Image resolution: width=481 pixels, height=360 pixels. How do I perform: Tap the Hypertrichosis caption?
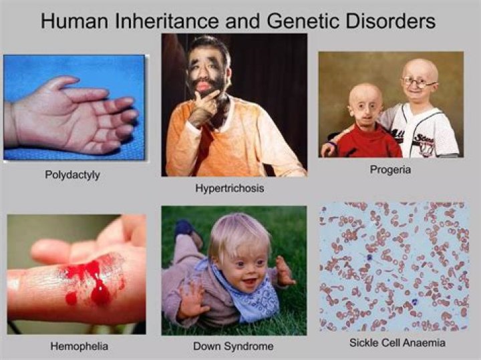click(229, 188)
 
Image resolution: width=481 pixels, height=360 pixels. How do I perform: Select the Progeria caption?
click(390, 170)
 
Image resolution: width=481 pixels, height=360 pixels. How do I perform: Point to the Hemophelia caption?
click(79, 347)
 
